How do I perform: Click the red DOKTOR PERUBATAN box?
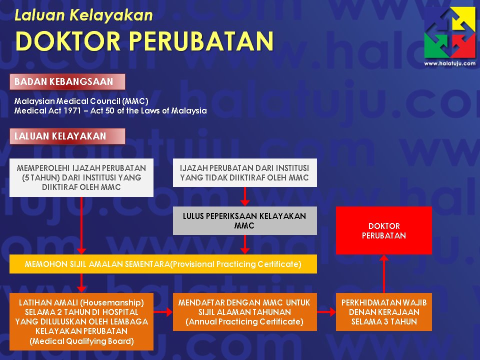[x=383, y=230]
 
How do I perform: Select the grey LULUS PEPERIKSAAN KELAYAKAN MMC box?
[x=244, y=220]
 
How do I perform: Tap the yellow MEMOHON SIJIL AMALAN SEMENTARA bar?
[x=163, y=264]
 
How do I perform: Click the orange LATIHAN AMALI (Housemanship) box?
[x=81, y=321]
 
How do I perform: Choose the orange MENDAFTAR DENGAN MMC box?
[x=244, y=312]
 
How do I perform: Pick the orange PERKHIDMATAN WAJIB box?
[x=383, y=312]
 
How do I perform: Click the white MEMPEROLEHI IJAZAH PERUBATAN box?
[x=81, y=177]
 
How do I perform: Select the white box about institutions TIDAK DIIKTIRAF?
[x=244, y=172]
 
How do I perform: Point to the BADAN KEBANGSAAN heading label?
[x=67, y=81]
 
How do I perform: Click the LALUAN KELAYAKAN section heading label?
[x=67, y=136]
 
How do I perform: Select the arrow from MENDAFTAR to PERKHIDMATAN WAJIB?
[x=326, y=312]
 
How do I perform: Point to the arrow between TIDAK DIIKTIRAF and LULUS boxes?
[x=244, y=196]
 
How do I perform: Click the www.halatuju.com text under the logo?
[x=449, y=63]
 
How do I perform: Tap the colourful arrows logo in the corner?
[x=449, y=32]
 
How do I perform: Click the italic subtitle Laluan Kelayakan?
[x=83, y=15]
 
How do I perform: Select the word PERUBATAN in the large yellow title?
[x=201, y=41]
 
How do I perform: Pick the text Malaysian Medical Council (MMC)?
[x=81, y=101]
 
